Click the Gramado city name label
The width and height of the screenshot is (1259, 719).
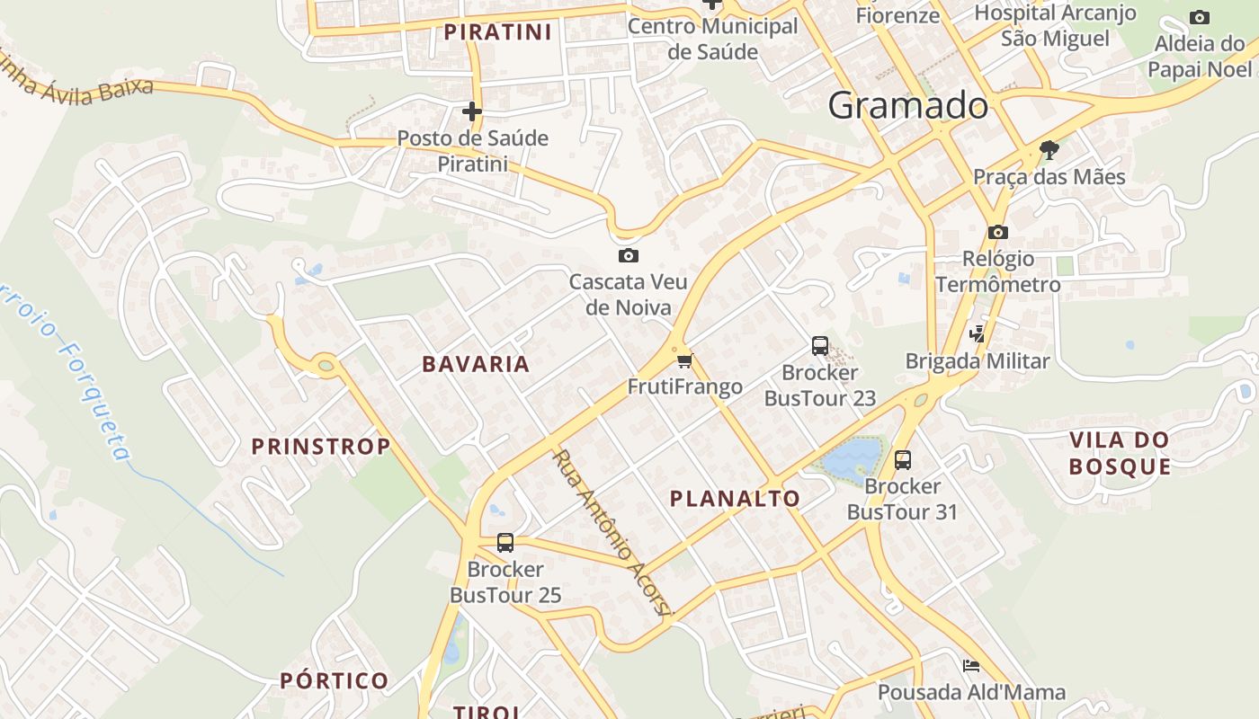click(908, 106)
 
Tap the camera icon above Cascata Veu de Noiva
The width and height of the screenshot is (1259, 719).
click(629, 256)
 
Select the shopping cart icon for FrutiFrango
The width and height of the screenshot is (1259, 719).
click(685, 361)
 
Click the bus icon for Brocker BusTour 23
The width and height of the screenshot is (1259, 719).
click(819, 346)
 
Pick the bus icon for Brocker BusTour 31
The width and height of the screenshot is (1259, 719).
click(903, 460)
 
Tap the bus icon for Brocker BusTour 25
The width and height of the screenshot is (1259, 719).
click(505, 543)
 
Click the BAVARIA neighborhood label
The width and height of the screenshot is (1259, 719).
click(476, 364)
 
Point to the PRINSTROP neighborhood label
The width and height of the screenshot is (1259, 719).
click(320, 447)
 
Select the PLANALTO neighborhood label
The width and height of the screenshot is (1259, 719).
click(735, 499)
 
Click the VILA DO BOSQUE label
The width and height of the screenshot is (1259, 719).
click(1120, 453)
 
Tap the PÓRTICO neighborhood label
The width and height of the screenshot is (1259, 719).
click(334, 680)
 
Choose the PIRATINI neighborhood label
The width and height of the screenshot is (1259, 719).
click(497, 32)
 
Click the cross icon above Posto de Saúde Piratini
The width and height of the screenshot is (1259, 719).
click(472, 111)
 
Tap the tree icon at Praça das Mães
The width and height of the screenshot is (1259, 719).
click(1049, 149)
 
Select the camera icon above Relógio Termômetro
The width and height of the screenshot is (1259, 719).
click(997, 232)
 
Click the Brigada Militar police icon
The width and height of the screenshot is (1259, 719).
click(977, 334)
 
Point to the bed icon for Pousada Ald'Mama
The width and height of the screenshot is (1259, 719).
click(971, 666)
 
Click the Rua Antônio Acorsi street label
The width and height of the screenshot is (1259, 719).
click(612, 533)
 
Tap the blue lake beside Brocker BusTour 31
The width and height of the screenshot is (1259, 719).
click(850, 458)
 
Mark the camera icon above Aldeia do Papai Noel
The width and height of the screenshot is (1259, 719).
click(1199, 17)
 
